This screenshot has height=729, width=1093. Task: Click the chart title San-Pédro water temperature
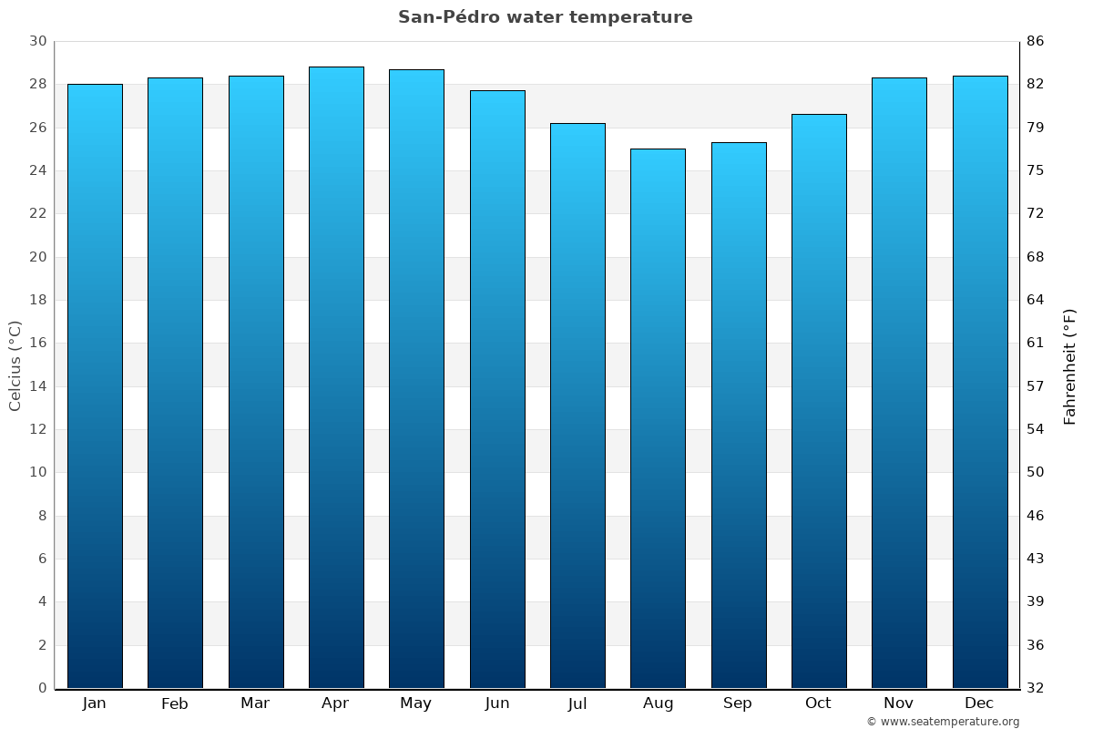545,17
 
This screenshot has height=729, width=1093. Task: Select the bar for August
658,418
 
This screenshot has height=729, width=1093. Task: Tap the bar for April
336,377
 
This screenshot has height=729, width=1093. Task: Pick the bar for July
577,406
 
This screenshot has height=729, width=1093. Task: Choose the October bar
819,401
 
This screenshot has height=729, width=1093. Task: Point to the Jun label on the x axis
497,703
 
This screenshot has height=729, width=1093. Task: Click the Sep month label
738,703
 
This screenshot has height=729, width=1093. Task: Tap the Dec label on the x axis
979,703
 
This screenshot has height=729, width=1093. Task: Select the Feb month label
174,703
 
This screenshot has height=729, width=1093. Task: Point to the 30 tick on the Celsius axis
37,41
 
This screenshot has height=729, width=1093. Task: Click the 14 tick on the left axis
37,386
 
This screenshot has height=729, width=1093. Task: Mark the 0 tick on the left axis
42,688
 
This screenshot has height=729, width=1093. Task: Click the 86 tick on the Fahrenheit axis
1035,41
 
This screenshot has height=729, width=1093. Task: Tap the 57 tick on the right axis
1035,386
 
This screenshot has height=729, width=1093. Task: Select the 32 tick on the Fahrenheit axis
1035,688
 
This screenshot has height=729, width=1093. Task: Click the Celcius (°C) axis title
15,365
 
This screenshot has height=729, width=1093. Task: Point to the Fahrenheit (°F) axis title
1070,365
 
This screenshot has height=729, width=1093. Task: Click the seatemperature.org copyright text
943,722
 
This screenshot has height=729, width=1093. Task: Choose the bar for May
416,378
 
